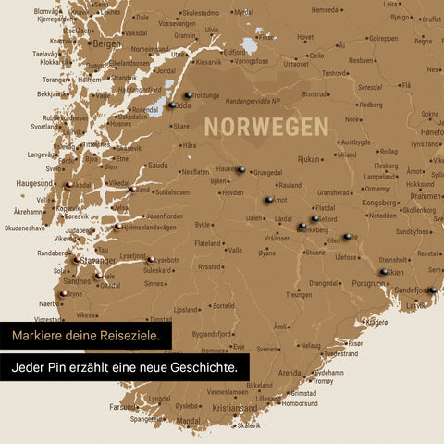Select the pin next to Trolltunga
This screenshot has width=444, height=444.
[188, 94]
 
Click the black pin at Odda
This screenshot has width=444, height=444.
[172, 105]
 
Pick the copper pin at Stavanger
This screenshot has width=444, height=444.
[77, 260]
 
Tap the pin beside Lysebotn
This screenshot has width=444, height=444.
[150, 260]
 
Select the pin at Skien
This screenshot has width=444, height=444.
[383, 272]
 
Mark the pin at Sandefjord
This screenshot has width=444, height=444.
[431, 290]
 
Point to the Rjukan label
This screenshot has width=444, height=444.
[308, 158]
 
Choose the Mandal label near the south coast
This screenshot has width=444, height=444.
[188, 420]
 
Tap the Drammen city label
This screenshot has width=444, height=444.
[425, 196]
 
